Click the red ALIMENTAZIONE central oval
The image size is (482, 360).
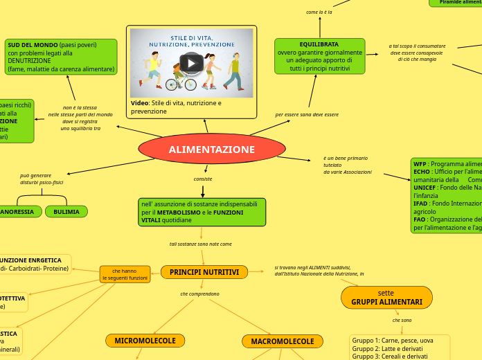212,150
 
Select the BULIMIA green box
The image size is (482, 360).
66,212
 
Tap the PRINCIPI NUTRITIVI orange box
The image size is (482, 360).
204,273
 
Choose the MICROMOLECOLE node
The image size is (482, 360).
145,341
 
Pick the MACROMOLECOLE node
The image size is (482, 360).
282,341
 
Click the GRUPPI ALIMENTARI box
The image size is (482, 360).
386,298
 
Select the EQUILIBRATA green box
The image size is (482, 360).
319,56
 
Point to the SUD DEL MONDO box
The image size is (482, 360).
61,57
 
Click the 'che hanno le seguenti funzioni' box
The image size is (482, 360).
125,274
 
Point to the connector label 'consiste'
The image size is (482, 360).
203,179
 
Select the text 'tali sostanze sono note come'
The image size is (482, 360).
201,244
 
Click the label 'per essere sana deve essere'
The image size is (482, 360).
307,114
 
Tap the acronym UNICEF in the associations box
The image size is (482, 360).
424,188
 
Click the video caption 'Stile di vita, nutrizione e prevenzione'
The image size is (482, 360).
176,107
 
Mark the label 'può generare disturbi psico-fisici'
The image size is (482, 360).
41,179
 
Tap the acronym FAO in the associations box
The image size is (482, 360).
420,219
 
